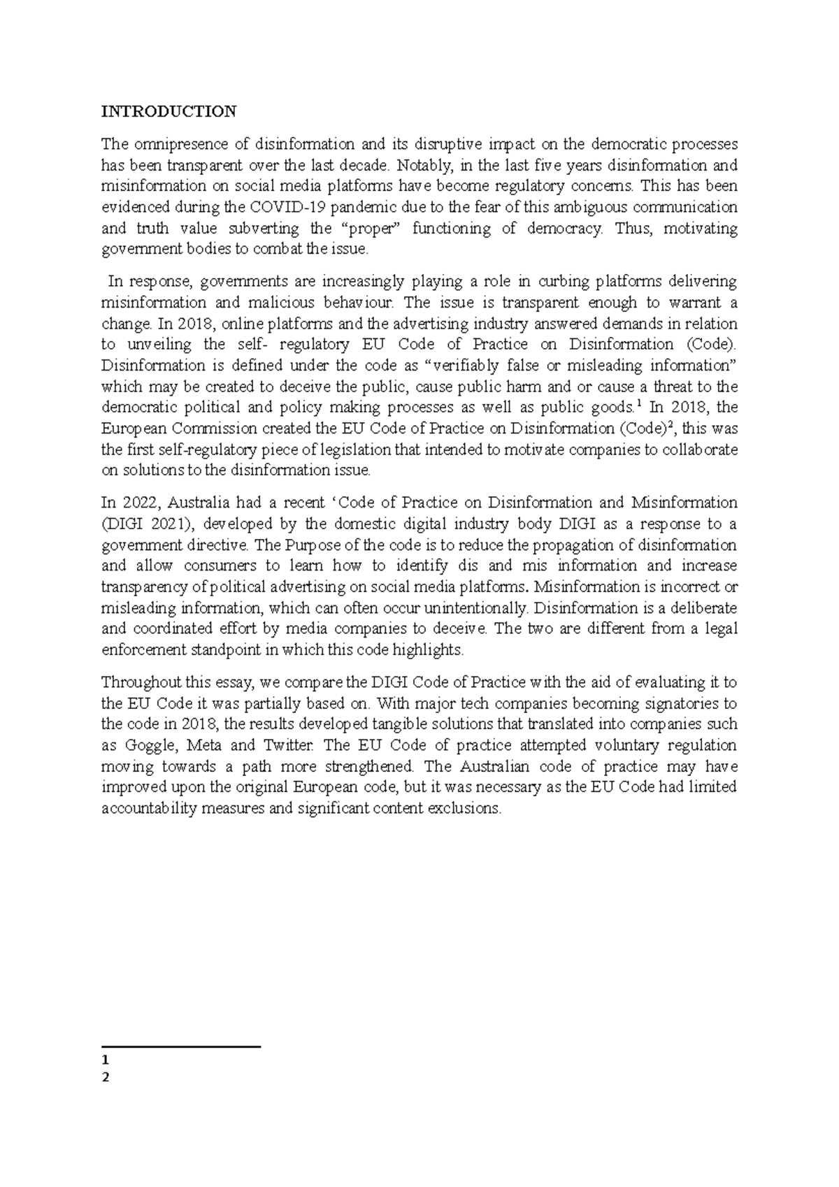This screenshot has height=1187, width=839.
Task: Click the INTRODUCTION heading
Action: pos(168,111)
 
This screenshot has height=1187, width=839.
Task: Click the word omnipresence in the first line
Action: pos(177,145)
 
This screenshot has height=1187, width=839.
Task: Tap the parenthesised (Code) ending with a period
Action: pos(711,345)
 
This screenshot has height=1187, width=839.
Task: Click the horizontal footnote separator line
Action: pos(181,1046)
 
